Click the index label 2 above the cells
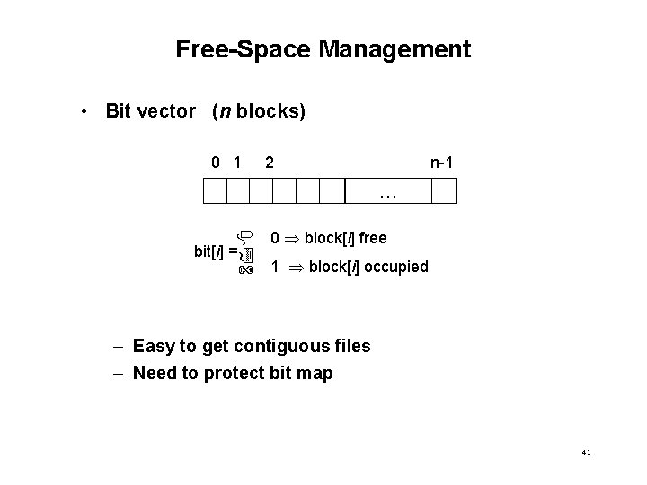270,163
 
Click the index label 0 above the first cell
216,163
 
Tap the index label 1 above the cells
237,163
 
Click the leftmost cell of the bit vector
215,191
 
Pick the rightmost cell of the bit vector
445,191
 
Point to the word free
372,238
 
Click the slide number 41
586,454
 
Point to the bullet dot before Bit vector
82,112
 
